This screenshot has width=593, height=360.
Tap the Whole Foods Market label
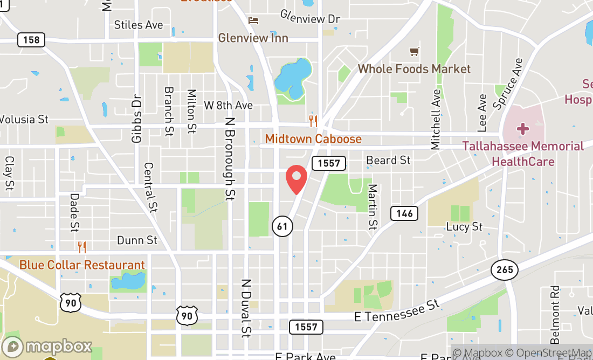coord(414,69)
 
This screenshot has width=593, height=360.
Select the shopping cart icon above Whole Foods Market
coord(414,52)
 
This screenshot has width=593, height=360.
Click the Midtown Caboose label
coord(313,139)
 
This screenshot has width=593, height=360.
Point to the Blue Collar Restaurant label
coord(82,265)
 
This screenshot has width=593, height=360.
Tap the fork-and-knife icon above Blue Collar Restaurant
coord(82,247)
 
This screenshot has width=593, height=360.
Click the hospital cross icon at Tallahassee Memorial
coord(522,129)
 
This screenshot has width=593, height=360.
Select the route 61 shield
coord(282,226)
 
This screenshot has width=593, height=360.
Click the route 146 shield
coord(404,213)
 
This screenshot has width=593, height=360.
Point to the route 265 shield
coord(505,269)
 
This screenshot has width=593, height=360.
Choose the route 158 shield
coord(31,40)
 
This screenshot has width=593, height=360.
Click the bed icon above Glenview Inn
coord(253,20)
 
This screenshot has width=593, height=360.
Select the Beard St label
coord(388,160)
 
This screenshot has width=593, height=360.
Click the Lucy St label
coord(464,227)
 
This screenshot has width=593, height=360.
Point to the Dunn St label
coord(137,240)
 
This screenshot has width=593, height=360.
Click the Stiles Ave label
coord(139,25)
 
